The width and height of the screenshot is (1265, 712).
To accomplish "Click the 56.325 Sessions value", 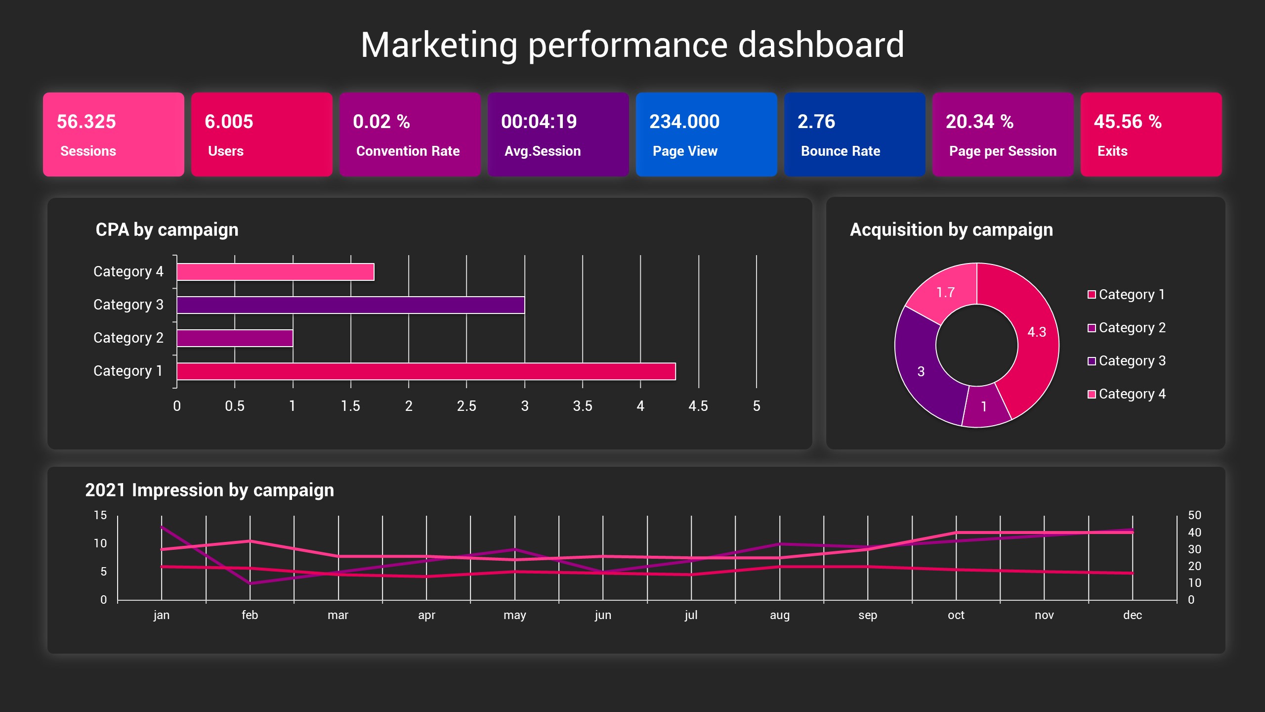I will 86,122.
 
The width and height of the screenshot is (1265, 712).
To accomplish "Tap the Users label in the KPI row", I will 226,151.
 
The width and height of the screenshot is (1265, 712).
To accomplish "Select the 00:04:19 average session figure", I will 539,122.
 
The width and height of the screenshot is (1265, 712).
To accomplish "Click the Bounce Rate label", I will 840,151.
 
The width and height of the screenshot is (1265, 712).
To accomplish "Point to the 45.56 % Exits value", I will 1127,122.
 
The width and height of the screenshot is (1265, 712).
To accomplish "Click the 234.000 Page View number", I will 684,122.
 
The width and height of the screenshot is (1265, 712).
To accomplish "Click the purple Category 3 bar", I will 350,305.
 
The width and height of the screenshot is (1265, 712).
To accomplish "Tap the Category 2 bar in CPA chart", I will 235,338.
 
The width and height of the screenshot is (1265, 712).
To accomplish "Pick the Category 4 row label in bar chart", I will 128,271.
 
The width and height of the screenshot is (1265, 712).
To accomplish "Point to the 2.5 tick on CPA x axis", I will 466,406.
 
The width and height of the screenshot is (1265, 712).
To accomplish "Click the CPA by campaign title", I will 167,230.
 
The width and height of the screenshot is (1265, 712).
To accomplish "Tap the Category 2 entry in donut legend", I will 1132,328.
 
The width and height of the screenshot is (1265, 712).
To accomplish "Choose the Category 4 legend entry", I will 1132,394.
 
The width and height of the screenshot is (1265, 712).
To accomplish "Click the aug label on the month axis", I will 779,615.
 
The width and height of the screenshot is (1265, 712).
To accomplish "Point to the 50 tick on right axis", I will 1194,515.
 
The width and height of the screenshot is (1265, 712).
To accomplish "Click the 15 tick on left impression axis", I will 100,515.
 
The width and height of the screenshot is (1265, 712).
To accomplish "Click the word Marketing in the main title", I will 439,45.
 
